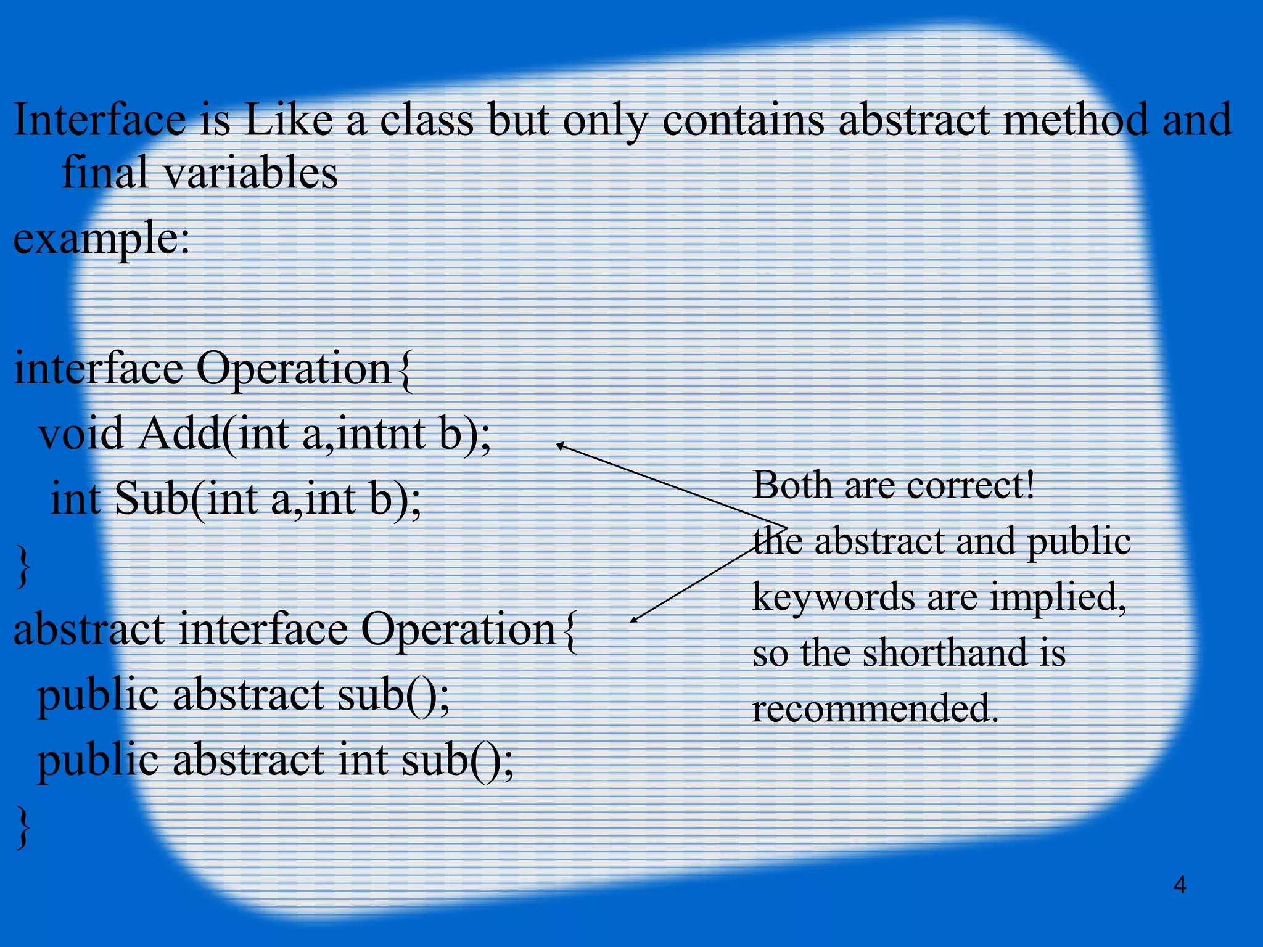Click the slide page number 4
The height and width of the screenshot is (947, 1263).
point(1179,885)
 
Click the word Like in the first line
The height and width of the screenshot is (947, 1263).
point(289,120)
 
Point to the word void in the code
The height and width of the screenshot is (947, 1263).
point(81,433)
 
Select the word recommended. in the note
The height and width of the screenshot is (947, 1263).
point(874,708)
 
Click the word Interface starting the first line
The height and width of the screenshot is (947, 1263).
point(99,120)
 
